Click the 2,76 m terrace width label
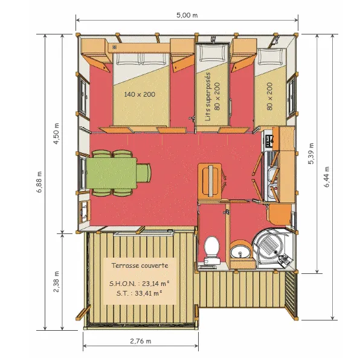[140, 342]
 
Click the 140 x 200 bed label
[140, 94]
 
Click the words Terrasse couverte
[140, 265]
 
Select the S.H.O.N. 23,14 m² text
[140, 283]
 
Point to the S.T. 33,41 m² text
[140, 294]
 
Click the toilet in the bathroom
[211, 250]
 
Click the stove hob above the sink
[268, 142]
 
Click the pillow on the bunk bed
[211, 53]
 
